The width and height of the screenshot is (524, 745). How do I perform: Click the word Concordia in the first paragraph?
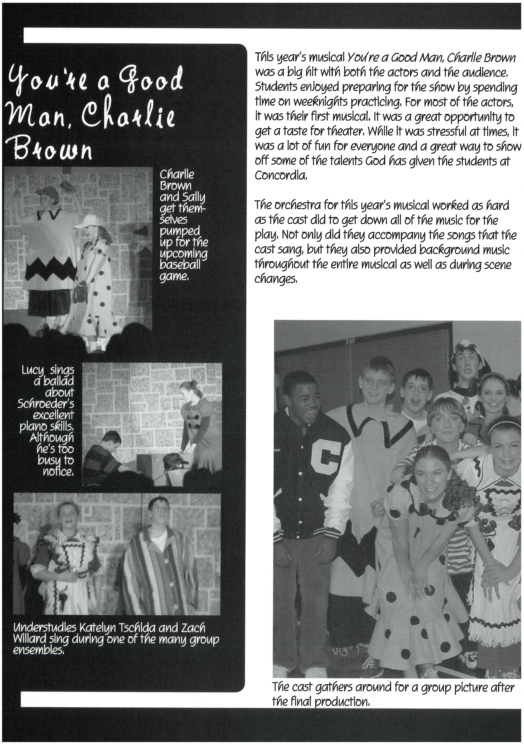coord(280,176)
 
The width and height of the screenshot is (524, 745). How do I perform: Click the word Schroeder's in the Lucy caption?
coord(45,404)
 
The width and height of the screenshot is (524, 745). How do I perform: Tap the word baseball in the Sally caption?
coord(180,265)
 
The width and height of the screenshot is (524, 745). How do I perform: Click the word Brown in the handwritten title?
coord(49,149)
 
